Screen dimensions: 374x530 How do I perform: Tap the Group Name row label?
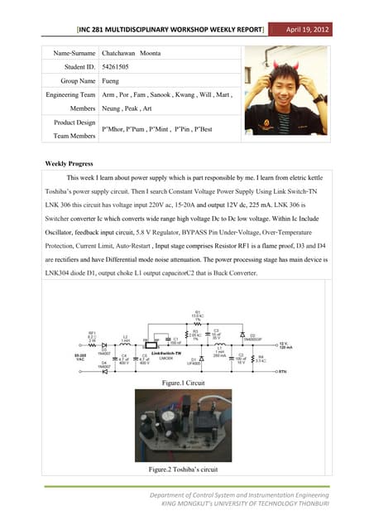[73, 81]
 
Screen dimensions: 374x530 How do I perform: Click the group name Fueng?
[111, 81]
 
